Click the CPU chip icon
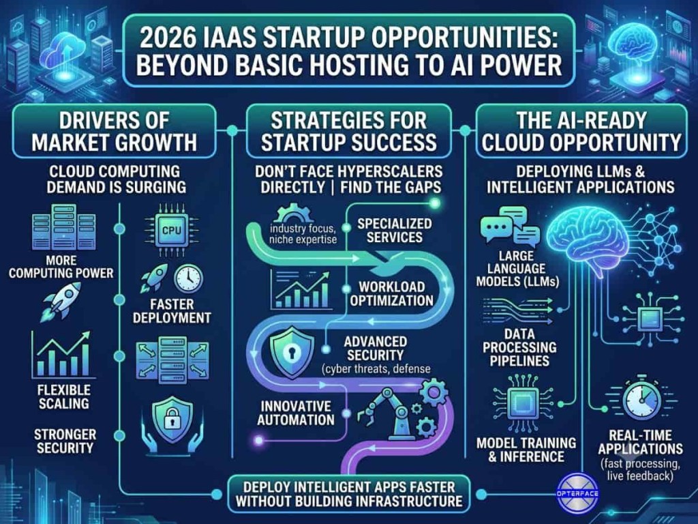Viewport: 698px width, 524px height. [172, 230]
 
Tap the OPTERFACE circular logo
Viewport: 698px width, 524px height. [577, 493]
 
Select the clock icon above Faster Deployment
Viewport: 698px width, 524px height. [188, 278]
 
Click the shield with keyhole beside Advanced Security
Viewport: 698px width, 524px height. [292, 353]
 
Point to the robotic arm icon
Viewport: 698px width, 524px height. [386, 412]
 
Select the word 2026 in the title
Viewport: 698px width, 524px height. [167, 38]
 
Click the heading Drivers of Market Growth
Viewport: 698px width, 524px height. [115, 132]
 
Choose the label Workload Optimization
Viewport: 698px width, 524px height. [392, 293]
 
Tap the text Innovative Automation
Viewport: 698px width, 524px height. [296, 413]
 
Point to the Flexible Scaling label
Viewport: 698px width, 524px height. [63, 396]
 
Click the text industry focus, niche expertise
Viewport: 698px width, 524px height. [303, 234]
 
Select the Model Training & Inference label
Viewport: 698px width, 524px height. [526, 450]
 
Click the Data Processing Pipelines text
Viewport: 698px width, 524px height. [519, 347]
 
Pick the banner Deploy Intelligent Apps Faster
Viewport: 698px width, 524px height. [349, 494]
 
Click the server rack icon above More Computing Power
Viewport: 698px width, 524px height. [64, 227]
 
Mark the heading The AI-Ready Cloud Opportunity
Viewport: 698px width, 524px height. [581, 132]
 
